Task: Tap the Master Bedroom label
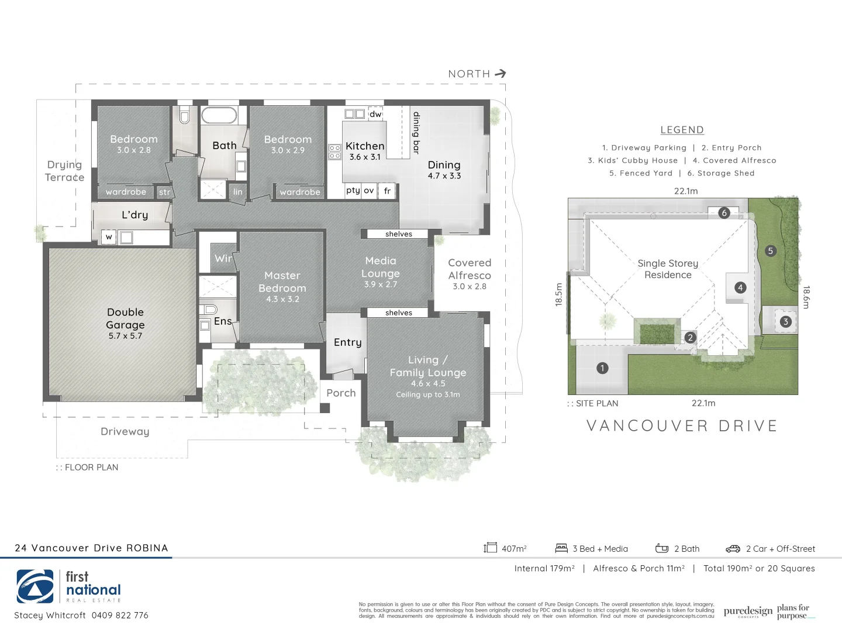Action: (x=282, y=282)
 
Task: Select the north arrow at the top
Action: (x=500, y=74)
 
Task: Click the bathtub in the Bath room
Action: (x=219, y=115)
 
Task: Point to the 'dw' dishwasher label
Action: (x=375, y=114)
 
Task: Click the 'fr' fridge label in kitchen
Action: (x=387, y=191)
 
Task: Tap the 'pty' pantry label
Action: (x=353, y=190)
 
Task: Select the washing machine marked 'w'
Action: (x=109, y=237)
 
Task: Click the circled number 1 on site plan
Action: (x=602, y=368)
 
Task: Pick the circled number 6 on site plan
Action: (x=724, y=213)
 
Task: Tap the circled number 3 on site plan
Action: (x=785, y=321)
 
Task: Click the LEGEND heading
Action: (x=682, y=130)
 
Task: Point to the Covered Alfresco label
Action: (x=470, y=269)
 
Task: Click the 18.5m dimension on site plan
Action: (x=558, y=294)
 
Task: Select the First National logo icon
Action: (x=35, y=586)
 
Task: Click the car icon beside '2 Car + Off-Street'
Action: (x=733, y=549)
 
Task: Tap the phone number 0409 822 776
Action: (x=120, y=615)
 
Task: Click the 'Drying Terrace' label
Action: (x=64, y=171)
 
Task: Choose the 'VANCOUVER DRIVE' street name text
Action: (x=682, y=426)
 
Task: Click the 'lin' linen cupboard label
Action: (x=237, y=192)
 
